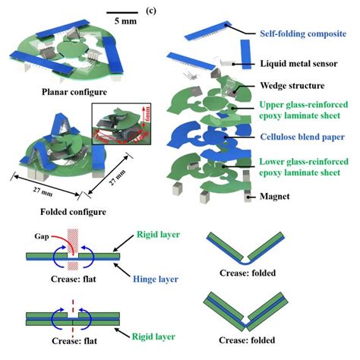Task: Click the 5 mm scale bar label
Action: pos(122,22)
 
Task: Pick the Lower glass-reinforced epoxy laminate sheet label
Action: pos(298,166)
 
